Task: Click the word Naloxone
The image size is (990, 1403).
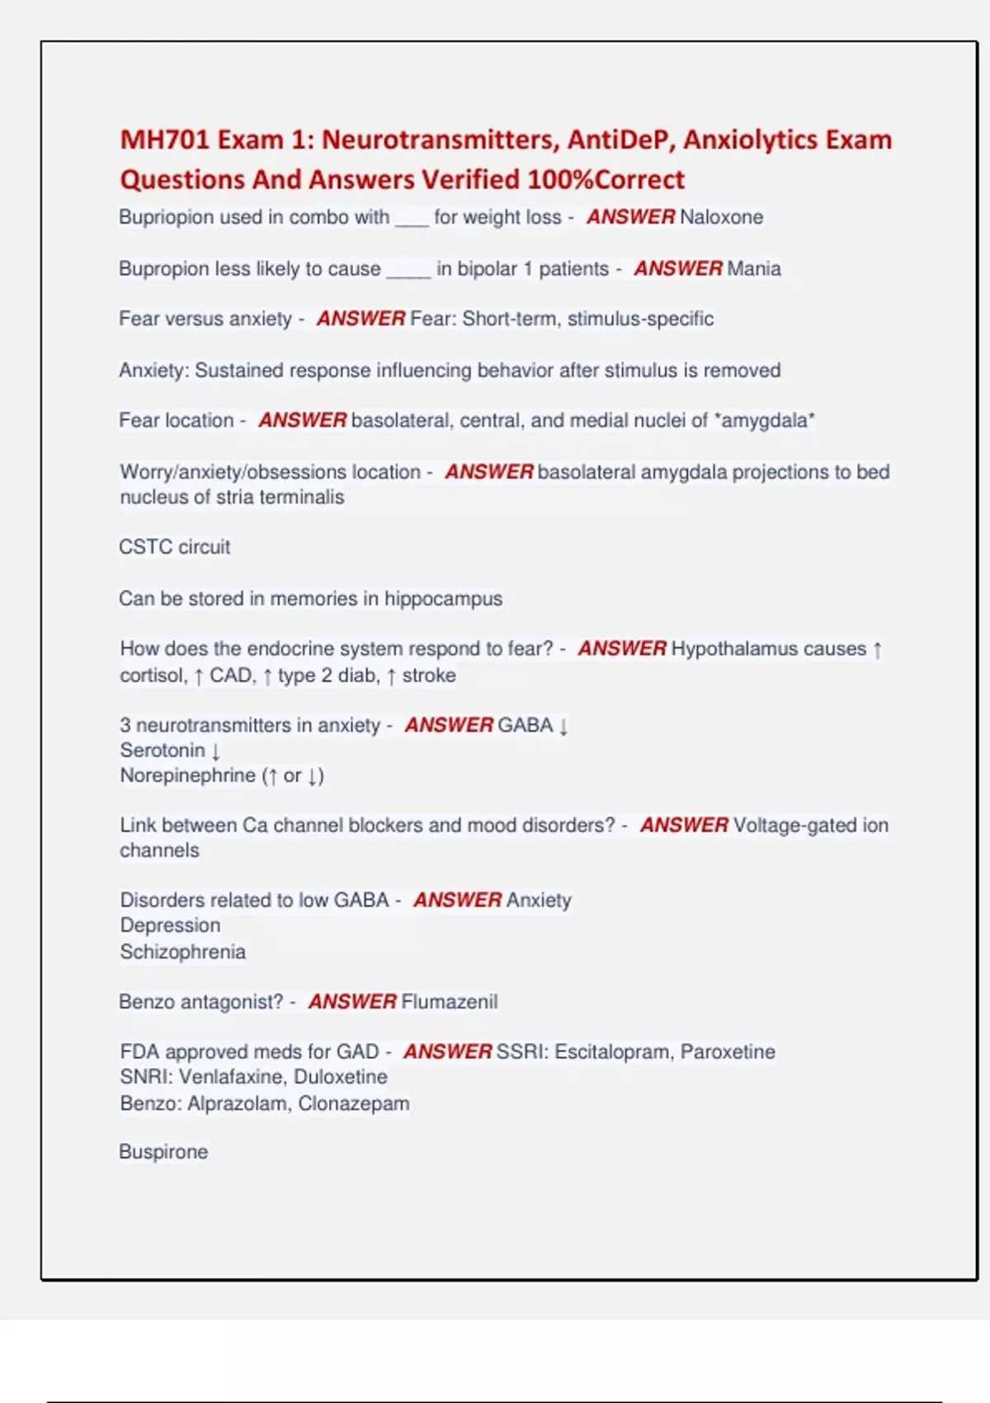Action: (x=721, y=217)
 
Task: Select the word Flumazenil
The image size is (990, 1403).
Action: (x=449, y=1001)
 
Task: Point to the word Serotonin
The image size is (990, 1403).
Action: (x=163, y=750)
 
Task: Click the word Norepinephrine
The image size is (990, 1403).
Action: (x=187, y=776)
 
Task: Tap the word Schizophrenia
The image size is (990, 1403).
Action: (x=182, y=952)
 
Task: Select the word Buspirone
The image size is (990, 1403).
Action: (x=163, y=1151)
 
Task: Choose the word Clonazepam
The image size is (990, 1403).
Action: (x=354, y=1103)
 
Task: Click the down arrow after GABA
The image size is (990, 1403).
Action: (x=563, y=725)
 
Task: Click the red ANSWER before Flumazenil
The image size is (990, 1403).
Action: (x=352, y=1001)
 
